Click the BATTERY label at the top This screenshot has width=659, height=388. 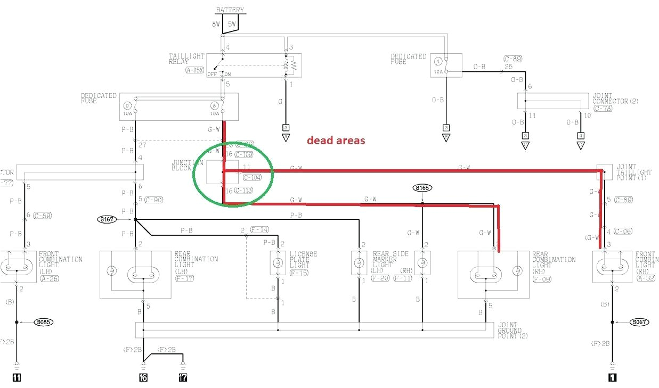(230, 10)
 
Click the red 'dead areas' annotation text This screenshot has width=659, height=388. (336, 141)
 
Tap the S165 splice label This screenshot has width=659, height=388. (422, 188)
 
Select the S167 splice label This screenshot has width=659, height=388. (105, 219)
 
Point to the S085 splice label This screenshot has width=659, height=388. (44, 322)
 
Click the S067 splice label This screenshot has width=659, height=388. (639, 322)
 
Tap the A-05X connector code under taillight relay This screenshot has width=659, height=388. (194, 70)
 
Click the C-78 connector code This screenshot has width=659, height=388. (603, 108)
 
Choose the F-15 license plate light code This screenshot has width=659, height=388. (299, 273)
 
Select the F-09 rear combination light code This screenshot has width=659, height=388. (542, 278)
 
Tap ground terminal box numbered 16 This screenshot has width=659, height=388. (143, 378)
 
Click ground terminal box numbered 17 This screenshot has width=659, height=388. (183, 378)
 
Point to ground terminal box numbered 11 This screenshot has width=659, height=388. (17, 378)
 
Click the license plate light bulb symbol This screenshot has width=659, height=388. (278, 262)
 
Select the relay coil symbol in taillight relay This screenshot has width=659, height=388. (291, 65)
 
